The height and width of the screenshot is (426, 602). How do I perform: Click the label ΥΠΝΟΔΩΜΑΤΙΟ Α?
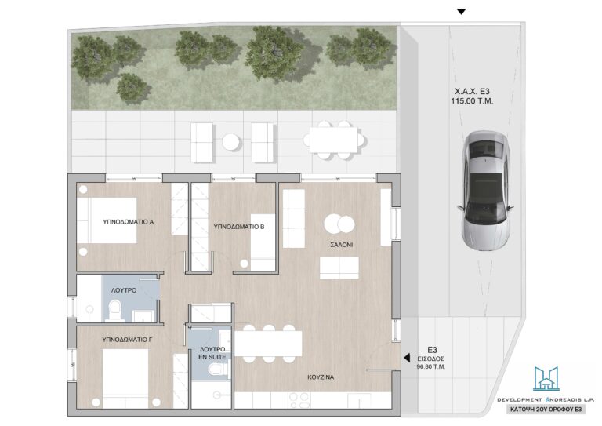coord(129,222)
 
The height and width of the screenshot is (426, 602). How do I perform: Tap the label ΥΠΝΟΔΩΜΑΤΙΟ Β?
coord(239,227)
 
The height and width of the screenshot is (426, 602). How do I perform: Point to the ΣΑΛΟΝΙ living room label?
coord(341,245)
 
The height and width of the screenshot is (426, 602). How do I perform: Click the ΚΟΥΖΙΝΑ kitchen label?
coord(321,377)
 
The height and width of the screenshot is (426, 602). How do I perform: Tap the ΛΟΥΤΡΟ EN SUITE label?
coord(212,353)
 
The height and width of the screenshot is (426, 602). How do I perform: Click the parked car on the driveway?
coord(486,191)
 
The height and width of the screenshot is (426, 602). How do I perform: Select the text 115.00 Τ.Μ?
coord(472,101)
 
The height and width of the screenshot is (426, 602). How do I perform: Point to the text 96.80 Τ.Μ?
coord(431,367)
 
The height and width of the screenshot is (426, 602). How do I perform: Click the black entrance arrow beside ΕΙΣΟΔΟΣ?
coord(407,358)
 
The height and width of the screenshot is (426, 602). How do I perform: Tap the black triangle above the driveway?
coord(461,12)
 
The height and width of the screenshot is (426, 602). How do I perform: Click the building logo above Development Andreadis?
coord(546,378)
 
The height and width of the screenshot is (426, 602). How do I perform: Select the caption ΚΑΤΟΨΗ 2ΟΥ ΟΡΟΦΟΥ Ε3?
coord(546,410)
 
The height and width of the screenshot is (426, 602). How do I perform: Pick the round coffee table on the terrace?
coord(231,142)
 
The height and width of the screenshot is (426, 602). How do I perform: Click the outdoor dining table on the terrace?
coord(334,140)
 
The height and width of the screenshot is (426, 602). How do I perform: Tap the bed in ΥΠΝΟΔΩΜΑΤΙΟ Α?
coord(107,220)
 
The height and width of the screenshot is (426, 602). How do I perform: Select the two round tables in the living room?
coord(339,224)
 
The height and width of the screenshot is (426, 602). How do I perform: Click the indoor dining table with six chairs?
coord(268,344)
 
